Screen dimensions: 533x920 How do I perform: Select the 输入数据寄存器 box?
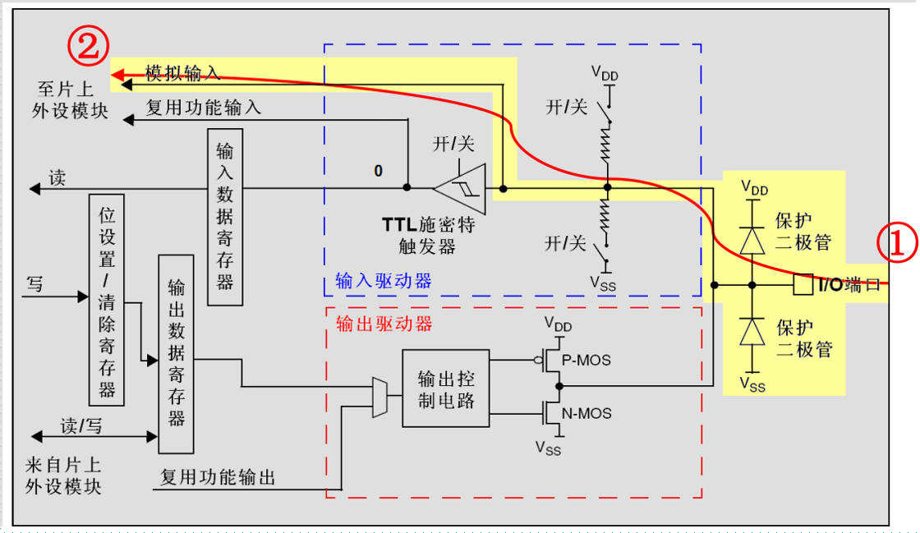[x=225, y=217]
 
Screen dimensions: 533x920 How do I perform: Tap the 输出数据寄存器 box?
[x=176, y=353]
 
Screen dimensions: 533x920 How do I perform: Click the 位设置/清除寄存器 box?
[x=107, y=300]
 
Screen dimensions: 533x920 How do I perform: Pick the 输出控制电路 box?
[x=445, y=388]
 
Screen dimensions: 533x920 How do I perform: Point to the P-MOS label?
[x=586, y=361]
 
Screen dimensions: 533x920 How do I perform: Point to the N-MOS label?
[x=586, y=413]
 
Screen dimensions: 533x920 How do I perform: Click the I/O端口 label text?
[x=849, y=285]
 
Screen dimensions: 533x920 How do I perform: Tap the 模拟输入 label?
[x=183, y=72]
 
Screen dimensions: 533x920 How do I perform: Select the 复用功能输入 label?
[x=204, y=107]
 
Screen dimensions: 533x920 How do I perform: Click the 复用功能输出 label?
[x=218, y=477]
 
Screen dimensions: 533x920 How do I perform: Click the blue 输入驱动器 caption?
[x=384, y=281]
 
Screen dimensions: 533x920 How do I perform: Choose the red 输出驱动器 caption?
[x=384, y=323]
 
